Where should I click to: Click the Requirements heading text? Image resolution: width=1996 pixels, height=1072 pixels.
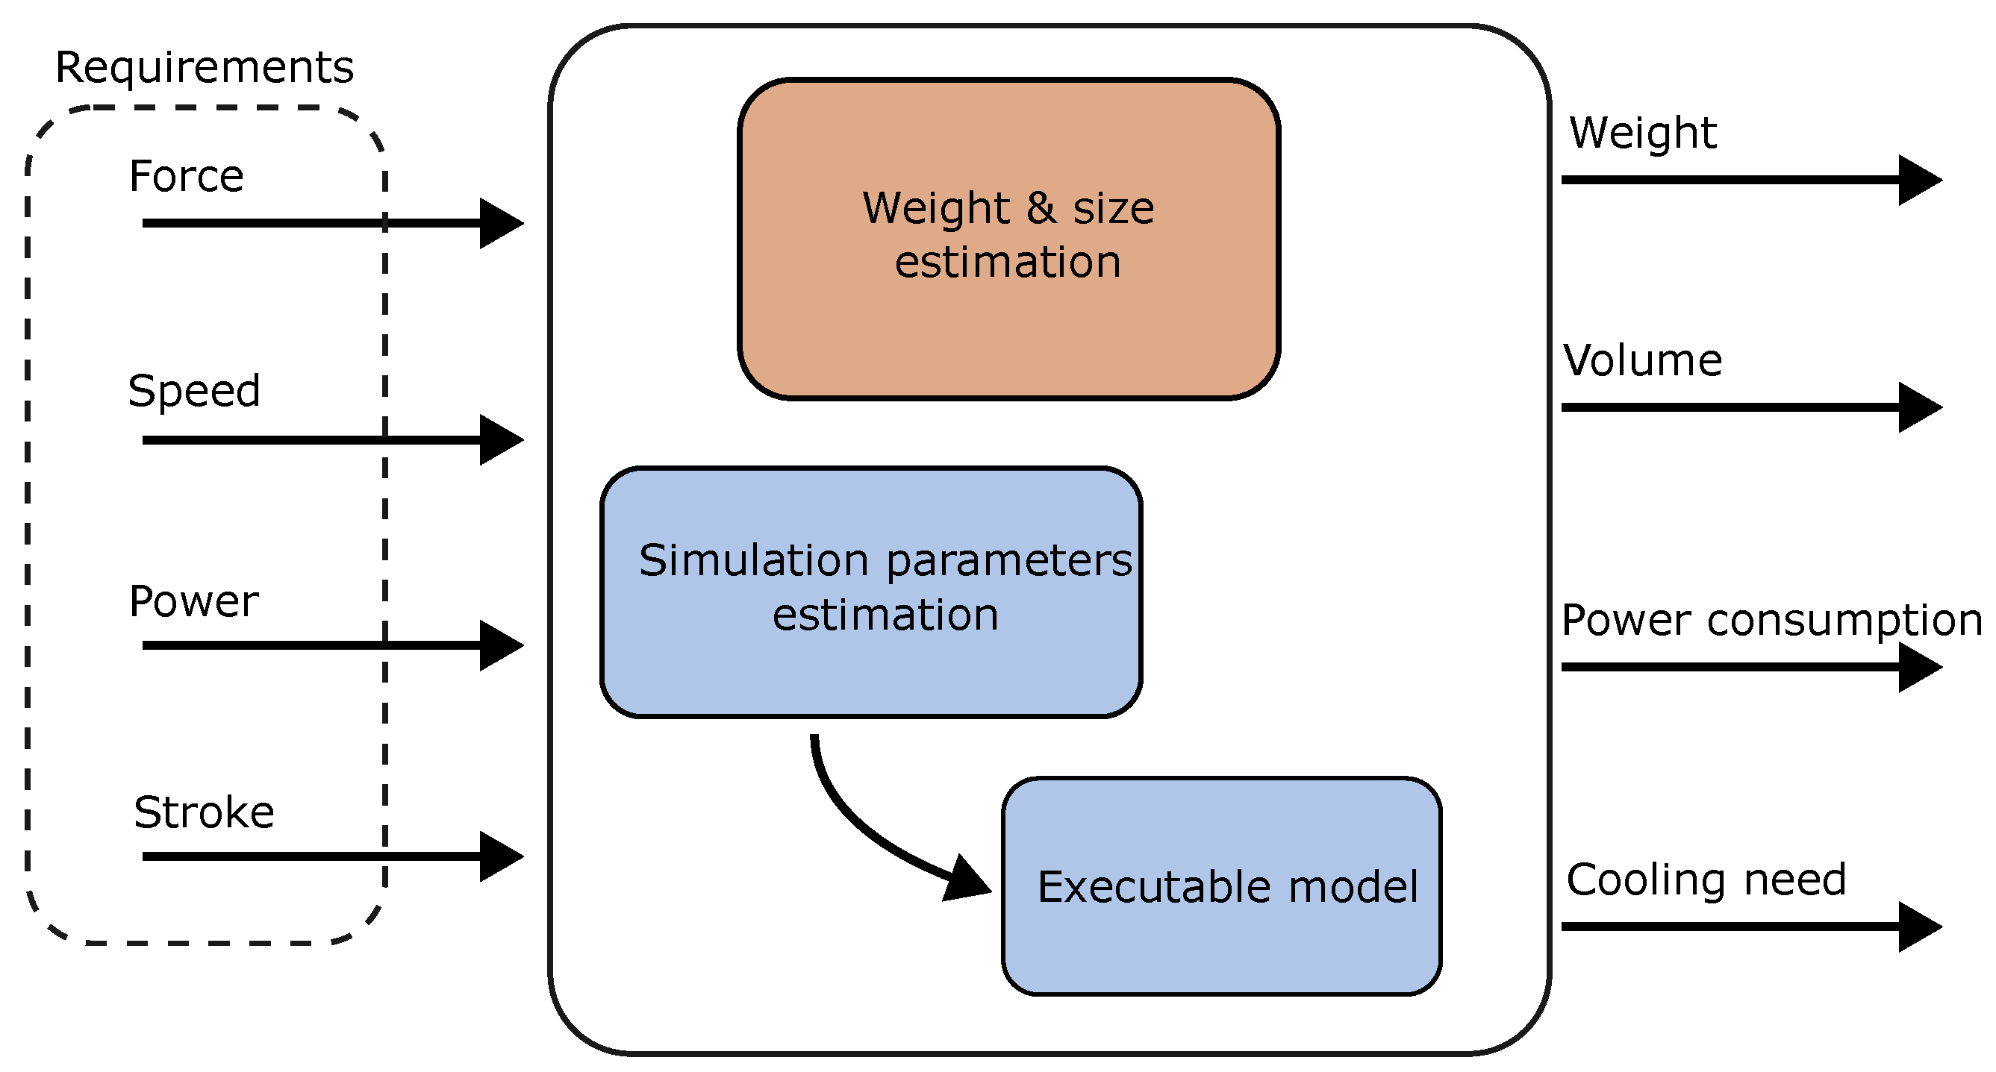pyautogui.click(x=205, y=67)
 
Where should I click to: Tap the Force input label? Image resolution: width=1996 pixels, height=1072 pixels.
pyautogui.click(x=186, y=176)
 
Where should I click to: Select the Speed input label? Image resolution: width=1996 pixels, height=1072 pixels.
pyautogui.click(x=194, y=390)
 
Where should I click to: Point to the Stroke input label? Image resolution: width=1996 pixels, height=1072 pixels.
pyautogui.click(x=204, y=812)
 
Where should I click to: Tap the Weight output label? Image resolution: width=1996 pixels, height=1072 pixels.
pyautogui.click(x=1643, y=133)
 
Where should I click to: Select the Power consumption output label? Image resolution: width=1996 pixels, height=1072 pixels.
pyautogui.click(x=1771, y=621)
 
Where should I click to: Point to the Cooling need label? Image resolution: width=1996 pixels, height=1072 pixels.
pyautogui.click(x=1706, y=880)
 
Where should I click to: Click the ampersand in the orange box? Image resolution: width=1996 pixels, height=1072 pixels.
pyautogui.click(x=1041, y=207)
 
